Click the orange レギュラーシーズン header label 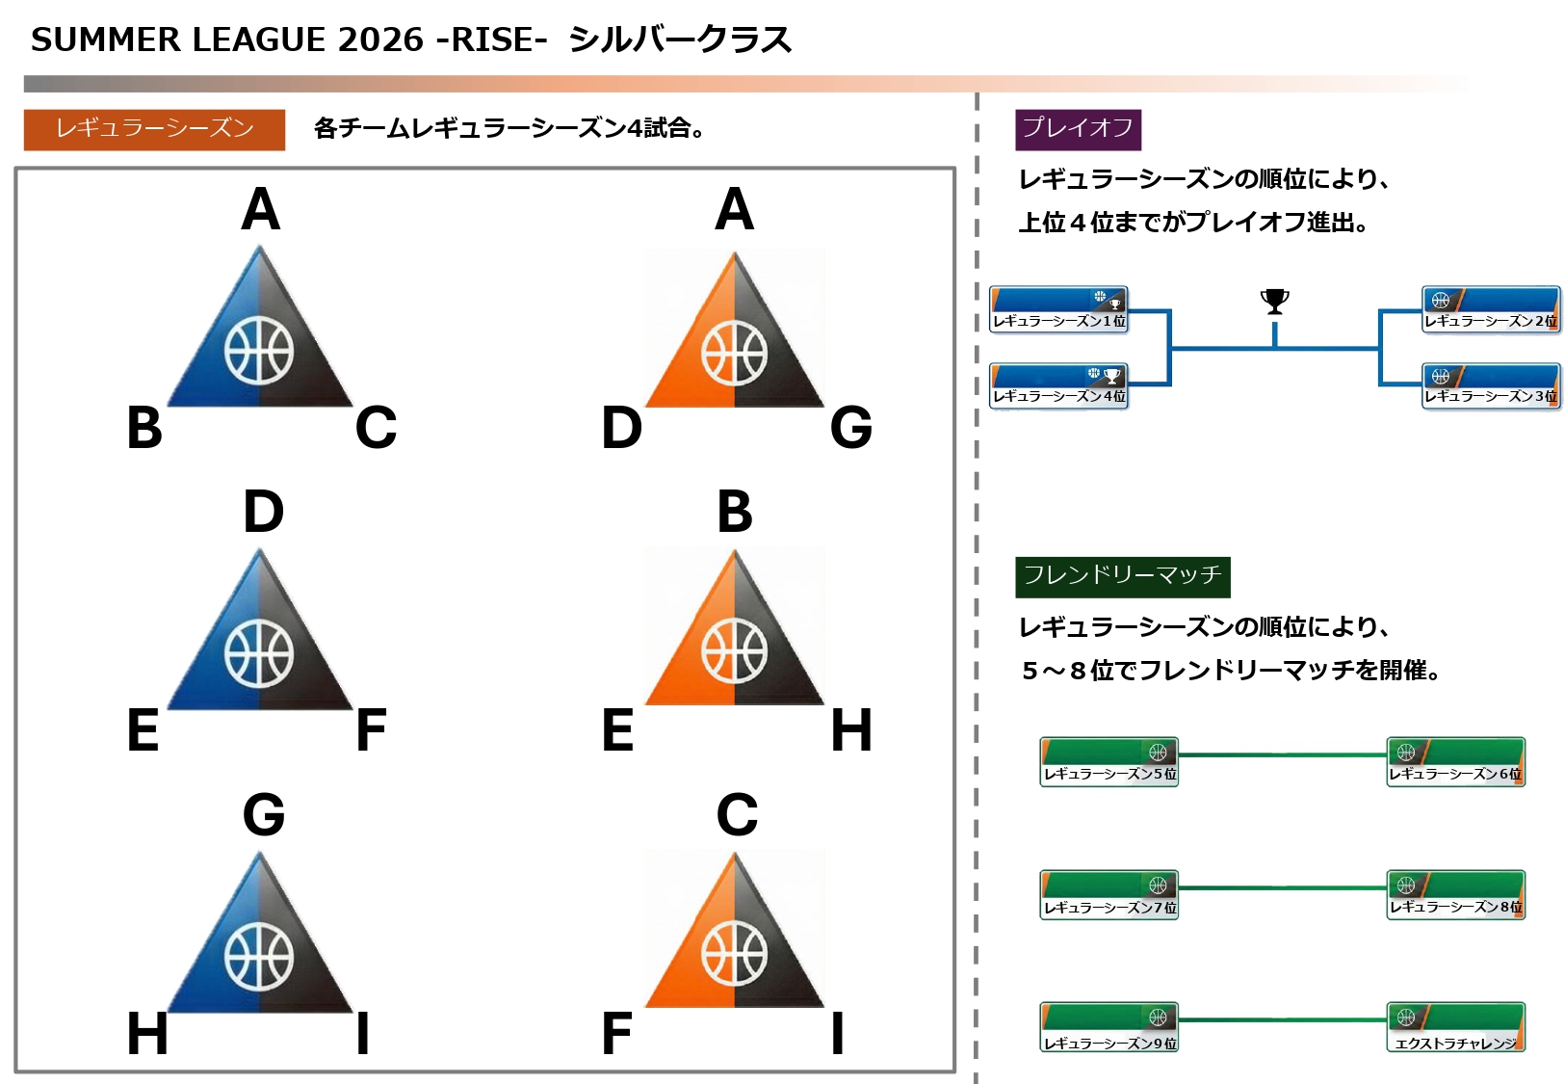(x=154, y=129)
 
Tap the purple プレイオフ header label (x=1078, y=129)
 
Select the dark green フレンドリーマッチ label (x=1122, y=576)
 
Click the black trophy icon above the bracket (x=1274, y=302)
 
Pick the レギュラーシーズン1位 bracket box (x=1058, y=309)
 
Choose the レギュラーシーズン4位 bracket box (x=1058, y=385)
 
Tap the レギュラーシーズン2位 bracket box (x=1491, y=309)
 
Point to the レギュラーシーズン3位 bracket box (x=1491, y=385)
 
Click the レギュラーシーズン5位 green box (x=1109, y=761)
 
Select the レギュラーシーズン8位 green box (x=1456, y=895)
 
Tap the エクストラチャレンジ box (x=1456, y=1029)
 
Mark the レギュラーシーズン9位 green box (x=1109, y=1029)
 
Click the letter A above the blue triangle (x=261, y=209)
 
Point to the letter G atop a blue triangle (x=263, y=815)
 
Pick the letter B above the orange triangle (x=735, y=512)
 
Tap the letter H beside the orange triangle (x=851, y=730)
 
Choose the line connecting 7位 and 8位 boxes (x=1282, y=887)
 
